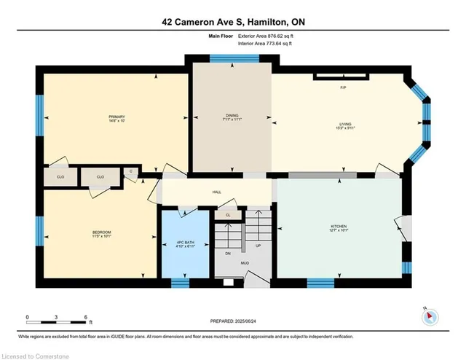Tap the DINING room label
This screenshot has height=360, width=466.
232,117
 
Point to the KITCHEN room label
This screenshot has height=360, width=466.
339,226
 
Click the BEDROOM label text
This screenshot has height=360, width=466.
100,232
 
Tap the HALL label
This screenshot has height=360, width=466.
216,192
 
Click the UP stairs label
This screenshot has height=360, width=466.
257,246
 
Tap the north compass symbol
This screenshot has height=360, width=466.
430,316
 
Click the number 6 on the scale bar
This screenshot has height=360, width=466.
85,318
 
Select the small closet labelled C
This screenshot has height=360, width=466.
131,171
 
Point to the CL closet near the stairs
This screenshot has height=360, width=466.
228,215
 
